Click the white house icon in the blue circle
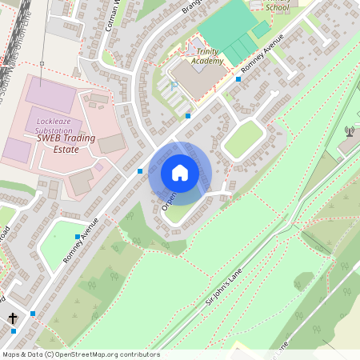(180, 172)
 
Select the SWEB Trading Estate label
(66, 143)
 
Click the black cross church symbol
(12, 318)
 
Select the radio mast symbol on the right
(349, 131)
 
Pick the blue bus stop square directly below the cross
(13, 330)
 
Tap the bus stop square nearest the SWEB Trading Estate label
(139, 171)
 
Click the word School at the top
(277, 7)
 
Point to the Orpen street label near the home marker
(169, 200)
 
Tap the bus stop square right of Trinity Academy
(238, 79)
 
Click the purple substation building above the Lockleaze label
(50, 95)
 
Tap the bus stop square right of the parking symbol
(188, 116)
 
